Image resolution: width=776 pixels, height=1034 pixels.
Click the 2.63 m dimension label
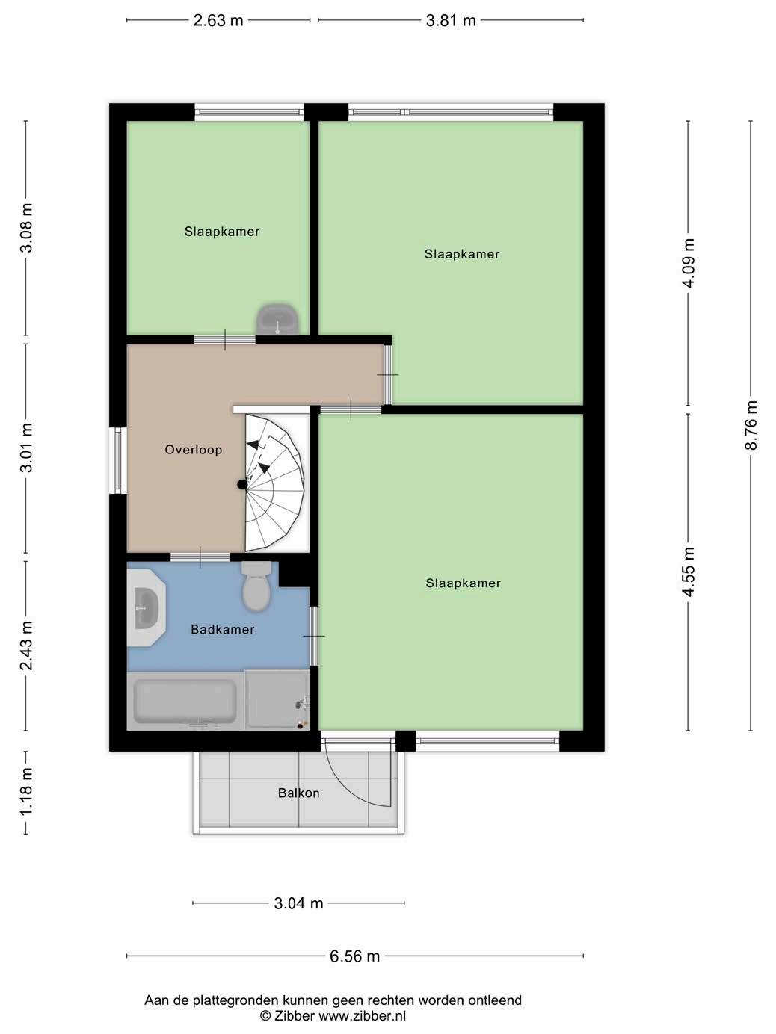click(218, 21)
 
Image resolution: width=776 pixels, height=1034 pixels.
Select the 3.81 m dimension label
click(451, 21)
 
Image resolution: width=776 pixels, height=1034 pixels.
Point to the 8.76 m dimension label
click(751, 425)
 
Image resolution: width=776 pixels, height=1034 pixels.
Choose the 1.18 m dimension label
click(26, 792)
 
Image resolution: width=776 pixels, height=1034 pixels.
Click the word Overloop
click(193, 450)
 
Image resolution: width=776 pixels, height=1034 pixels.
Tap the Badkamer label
click(222, 629)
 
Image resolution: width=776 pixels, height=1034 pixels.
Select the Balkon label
click(299, 793)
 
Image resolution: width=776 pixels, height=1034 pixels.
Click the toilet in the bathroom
click(256, 586)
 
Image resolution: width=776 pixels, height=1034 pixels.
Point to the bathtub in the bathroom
click(185, 701)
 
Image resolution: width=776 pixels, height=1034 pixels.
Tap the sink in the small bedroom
click(277, 319)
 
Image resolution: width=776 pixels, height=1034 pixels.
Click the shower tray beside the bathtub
click(277, 700)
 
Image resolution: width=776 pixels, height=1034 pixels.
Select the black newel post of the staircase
click(242, 484)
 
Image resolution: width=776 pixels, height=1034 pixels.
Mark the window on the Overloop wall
click(118, 460)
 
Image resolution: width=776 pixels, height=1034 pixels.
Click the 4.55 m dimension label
click(689, 572)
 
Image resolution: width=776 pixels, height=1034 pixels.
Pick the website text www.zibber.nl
click(363, 1015)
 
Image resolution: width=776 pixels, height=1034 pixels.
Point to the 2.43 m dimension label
click(26, 646)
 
